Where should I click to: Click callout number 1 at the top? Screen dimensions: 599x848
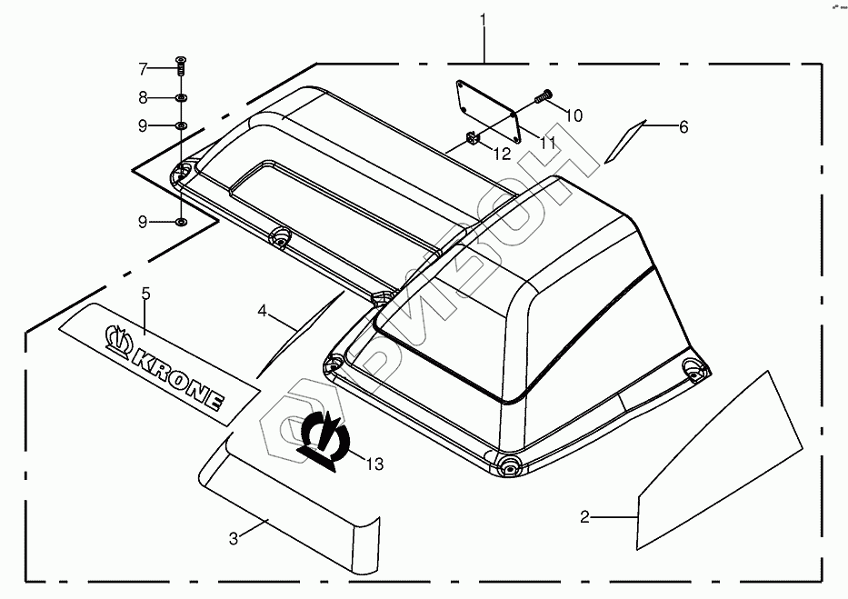(x=484, y=18)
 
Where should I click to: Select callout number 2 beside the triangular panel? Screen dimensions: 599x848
(x=585, y=517)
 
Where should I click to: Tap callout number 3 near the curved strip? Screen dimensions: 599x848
(x=234, y=538)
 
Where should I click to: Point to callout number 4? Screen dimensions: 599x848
(x=263, y=311)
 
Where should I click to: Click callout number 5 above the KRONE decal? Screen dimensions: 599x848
(x=145, y=293)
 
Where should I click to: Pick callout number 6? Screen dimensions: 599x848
(x=683, y=127)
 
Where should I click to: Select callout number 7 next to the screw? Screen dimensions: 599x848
(x=143, y=69)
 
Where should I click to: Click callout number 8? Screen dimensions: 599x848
(x=143, y=97)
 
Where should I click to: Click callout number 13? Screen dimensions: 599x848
(x=374, y=464)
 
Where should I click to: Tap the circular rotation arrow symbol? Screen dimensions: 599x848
(x=324, y=435)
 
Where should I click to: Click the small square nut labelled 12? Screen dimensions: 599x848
(x=472, y=138)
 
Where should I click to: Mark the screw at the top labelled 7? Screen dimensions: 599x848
(x=181, y=65)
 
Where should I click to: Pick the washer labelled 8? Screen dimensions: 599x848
(x=181, y=96)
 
